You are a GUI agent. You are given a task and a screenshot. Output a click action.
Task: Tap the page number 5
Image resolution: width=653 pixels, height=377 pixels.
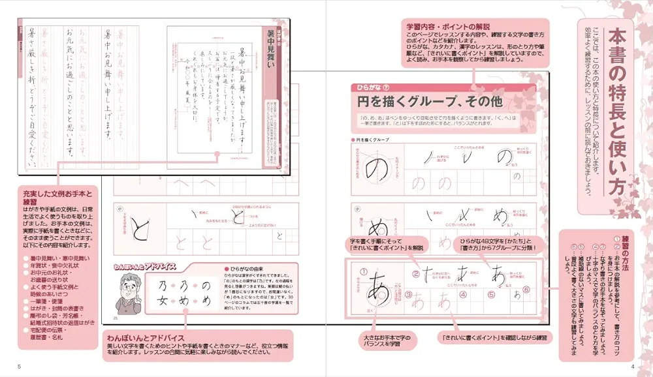click(19, 366)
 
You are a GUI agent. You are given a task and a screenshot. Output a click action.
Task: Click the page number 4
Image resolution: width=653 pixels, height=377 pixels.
click(632, 366)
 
